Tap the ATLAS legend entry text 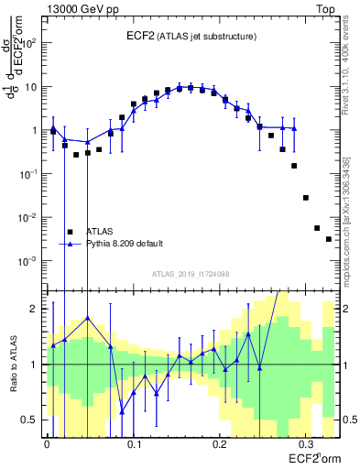pos(101,232)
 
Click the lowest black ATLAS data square pos(328,239)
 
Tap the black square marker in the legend pos(69,232)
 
